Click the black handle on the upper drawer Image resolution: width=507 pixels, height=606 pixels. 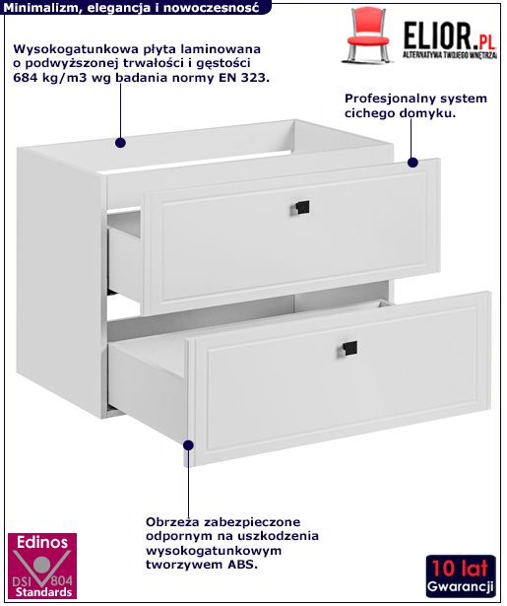tap(300, 208)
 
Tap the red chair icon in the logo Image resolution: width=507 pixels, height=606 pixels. tap(367, 35)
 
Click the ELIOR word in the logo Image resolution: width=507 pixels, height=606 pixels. tap(437, 35)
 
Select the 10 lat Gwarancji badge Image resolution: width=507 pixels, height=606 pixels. tap(461, 575)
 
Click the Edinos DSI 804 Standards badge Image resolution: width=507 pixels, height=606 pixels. tap(42, 566)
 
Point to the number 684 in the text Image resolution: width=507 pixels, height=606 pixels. tap(26, 78)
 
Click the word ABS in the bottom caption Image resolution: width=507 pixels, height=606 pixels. tap(242, 565)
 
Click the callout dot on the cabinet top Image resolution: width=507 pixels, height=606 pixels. tap(120, 143)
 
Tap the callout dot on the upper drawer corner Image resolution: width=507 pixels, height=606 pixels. tap(412, 163)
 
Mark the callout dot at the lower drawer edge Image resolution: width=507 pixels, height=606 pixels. tap(188, 445)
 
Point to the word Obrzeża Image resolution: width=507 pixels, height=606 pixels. tap(172, 522)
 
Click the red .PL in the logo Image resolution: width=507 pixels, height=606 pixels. tap(483, 41)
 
